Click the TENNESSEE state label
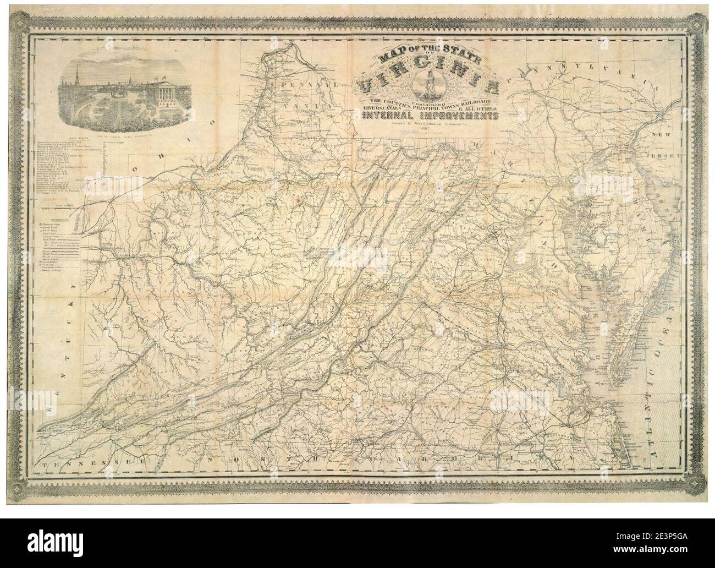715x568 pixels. (91, 465)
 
